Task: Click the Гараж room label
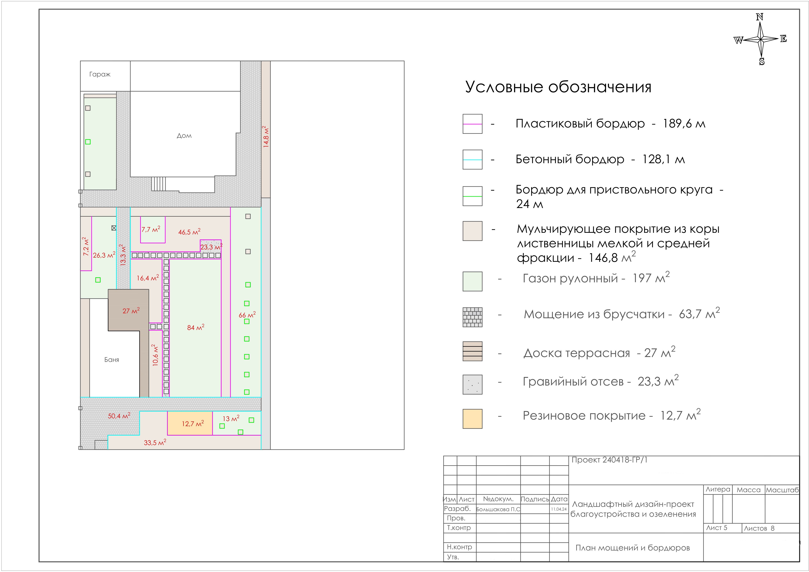tap(100, 74)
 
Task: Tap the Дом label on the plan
tap(184, 136)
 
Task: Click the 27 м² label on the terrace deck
tap(131, 311)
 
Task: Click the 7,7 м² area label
tap(151, 229)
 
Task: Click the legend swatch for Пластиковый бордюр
tap(472, 124)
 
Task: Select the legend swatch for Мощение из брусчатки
tap(472, 317)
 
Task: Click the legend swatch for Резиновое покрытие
tap(472, 419)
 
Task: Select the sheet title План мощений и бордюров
tap(632, 548)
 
